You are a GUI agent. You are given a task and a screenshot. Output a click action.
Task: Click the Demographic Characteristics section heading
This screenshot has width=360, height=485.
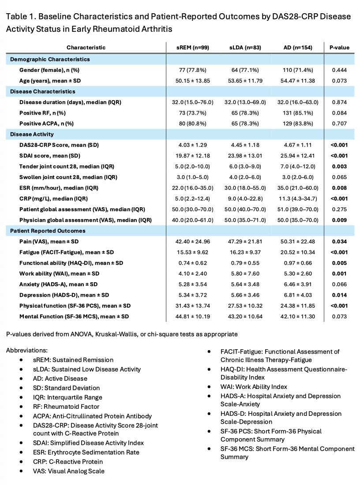(54, 59)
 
